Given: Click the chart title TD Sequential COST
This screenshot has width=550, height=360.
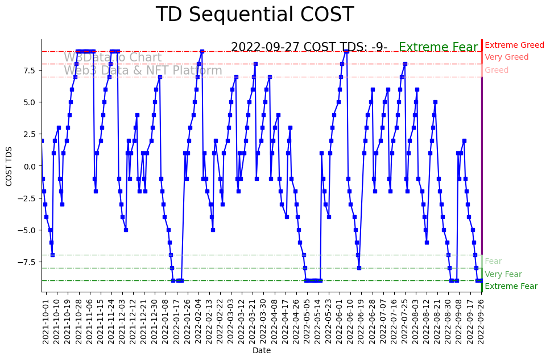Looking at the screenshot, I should tap(254, 15).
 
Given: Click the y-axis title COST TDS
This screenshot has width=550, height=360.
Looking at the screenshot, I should tap(9, 166).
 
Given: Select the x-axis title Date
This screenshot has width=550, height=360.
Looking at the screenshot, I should tap(262, 351).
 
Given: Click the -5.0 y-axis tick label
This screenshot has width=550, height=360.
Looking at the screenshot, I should tap(28, 230).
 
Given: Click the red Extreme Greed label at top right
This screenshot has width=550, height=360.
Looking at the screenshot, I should tap(514, 45).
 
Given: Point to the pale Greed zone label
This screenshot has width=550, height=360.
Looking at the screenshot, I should tap(497, 71).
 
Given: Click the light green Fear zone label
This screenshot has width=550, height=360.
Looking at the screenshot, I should tap(493, 262).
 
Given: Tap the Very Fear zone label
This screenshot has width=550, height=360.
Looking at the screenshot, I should tap(503, 274).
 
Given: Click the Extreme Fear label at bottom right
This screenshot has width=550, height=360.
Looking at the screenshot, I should tap(511, 287).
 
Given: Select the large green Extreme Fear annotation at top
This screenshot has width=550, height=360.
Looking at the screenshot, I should tap(438, 48).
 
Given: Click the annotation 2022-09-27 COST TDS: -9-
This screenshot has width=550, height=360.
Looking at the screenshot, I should tap(309, 48).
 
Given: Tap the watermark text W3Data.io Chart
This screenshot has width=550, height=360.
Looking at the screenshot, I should tap(113, 57).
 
